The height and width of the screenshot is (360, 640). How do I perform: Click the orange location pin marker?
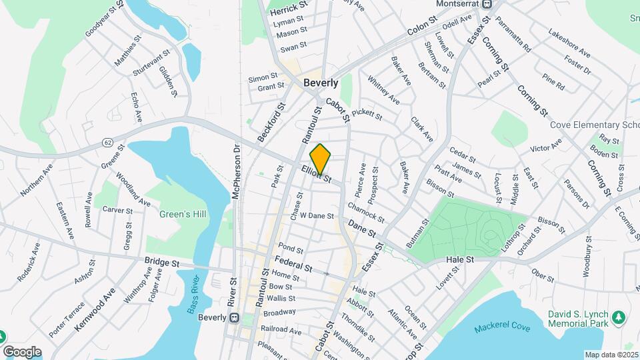pos(321,159)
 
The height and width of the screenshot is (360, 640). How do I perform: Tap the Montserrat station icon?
pos(487,4)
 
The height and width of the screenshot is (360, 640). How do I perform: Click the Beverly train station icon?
pos(234,318)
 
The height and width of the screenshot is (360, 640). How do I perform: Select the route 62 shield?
pos(107,143)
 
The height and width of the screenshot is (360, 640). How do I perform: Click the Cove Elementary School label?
pos(594,125)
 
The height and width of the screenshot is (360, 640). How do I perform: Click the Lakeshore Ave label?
pos(569,42)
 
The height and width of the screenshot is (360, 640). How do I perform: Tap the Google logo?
pos(22,351)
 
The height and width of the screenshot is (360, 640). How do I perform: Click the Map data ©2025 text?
pos(611,355)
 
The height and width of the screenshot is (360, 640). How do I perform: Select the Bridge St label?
pos(163,263)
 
